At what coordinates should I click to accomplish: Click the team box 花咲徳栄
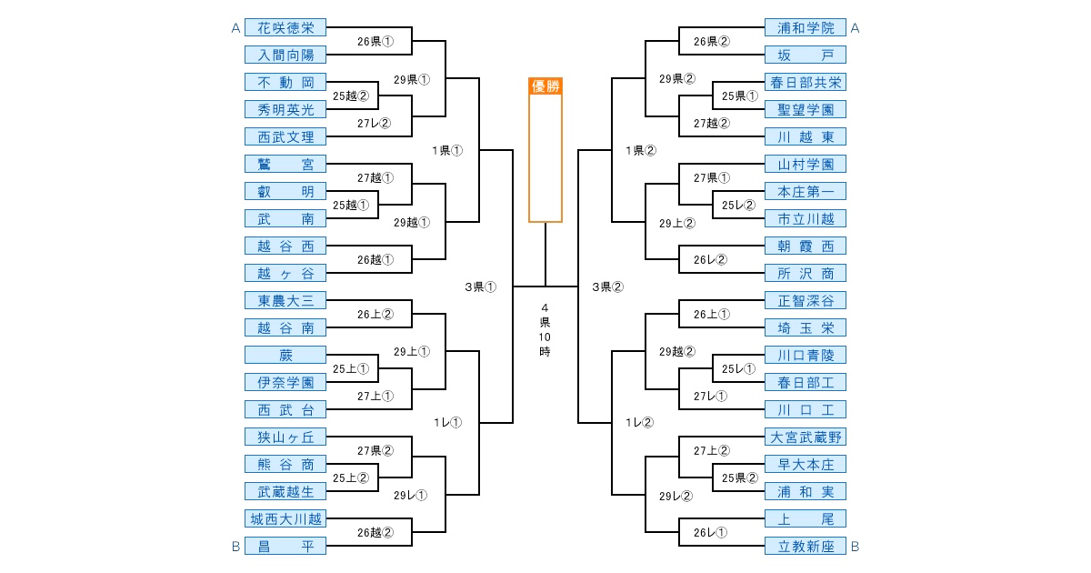pyautogui.click(x=285, y=28)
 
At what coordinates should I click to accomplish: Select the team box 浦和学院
pyautogui.click(x=806, y=28)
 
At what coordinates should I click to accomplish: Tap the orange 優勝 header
pyautogui.click(x=545, y=86)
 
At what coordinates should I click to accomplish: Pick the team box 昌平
pyautogui.click(x=285, y=547)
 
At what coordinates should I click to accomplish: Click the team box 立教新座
pyautogui.click(x=806, y=547)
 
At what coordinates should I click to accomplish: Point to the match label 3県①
pyautogui.click(x=480, y=287)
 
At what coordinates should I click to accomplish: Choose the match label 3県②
pyautogui.click(x=608, y=287)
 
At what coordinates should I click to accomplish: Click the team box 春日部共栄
pyautogui.click(x=806, y=83)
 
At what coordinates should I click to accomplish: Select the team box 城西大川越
pyautogui.click(x=285, y=519)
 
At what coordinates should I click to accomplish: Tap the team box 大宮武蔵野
pyautogui.click(x=806, y=437)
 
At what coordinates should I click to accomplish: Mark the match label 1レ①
pyautogui.click(x=447, y=422)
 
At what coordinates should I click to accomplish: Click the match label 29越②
pyautogui.click(x=677, y=351)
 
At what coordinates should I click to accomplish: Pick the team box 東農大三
pyautogui.click(x=285, y=301)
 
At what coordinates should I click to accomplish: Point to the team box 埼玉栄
pyautogui.click(x=806, y=328)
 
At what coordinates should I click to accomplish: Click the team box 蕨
pyautogui.click(x=285, y=356)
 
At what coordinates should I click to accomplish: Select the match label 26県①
pyautogui.click(x=375, y=42)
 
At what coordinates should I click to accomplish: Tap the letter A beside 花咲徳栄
pyautogui.click(x=235, y=28)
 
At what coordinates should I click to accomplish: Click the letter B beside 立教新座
pyautogui.click(x=855, y=547)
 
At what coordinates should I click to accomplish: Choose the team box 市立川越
pyautogui.click(x=806, y=219)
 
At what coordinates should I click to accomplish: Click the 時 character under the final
pyautogui.click(x=545, y=351)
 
